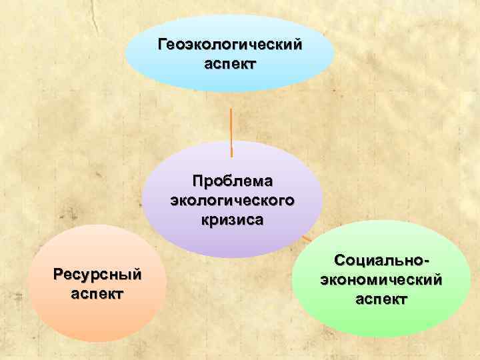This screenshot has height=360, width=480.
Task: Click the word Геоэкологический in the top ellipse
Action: coord(230,45)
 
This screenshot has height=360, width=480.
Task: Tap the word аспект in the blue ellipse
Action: coord(230,65)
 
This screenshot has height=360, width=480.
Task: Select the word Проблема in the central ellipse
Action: coord(233,181)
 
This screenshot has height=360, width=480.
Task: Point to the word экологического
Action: coord(233,201)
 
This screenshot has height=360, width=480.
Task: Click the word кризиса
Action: coord(233,220)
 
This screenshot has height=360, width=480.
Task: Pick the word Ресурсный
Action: coord(99,274)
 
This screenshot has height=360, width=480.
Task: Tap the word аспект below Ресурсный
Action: coord(99,294)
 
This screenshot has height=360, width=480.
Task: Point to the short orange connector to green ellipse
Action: coord(307,237)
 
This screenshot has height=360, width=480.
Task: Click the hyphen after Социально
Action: coord(424,260)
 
